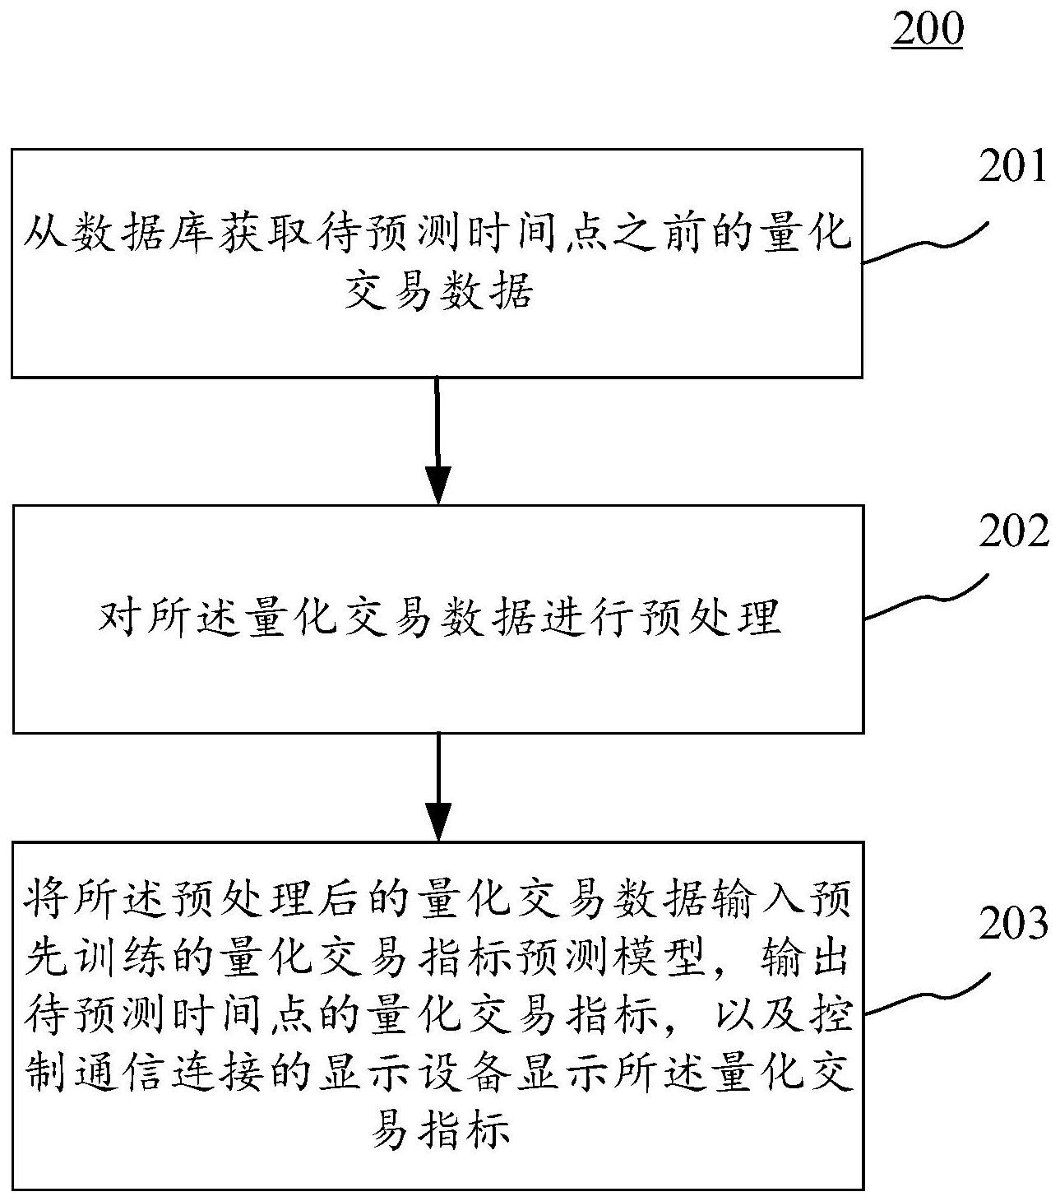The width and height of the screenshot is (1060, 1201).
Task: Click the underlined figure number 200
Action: (927, 30)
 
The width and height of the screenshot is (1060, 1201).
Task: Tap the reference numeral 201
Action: (1012, 166)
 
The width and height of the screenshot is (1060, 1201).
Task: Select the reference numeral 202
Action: (1013, 531)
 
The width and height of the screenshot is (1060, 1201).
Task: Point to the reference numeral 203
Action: (1013, 924)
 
